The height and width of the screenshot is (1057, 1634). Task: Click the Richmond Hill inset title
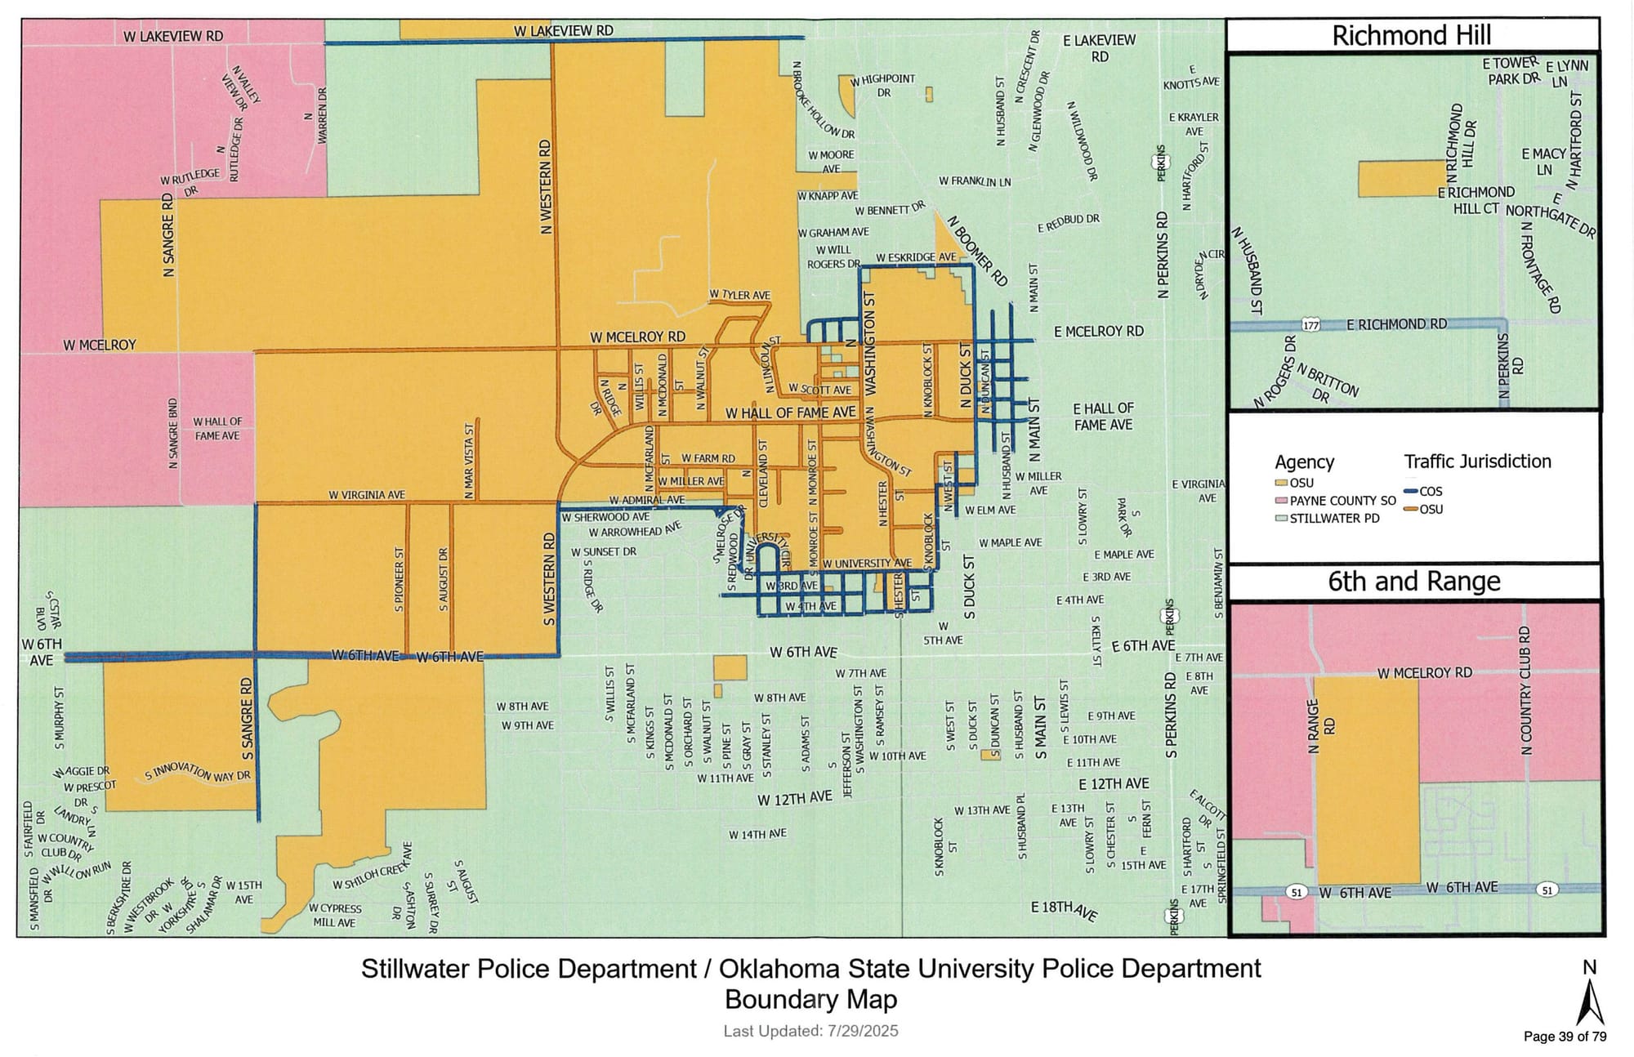point(1411,36)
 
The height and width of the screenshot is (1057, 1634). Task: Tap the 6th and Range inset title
point(1413,582)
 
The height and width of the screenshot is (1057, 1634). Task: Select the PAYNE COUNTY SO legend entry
point(1342,501)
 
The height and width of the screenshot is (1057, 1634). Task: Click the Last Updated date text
point(810,1032)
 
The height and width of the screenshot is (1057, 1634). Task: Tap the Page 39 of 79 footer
point(1565,1037)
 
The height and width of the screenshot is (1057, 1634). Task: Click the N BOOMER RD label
point(977,251)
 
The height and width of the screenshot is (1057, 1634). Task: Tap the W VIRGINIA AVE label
point(367,495)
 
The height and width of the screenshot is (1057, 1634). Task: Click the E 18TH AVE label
point(1064,909)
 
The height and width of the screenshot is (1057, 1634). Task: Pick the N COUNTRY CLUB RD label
point(1525,690)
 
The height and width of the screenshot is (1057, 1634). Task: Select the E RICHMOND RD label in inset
point(1395,324)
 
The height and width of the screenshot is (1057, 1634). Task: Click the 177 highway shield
point(1310,325)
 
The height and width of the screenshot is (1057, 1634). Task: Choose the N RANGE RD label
point(1319,726)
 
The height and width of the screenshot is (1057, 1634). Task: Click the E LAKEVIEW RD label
point(1099,48)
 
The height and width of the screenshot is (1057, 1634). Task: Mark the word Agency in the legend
point(1304,462)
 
